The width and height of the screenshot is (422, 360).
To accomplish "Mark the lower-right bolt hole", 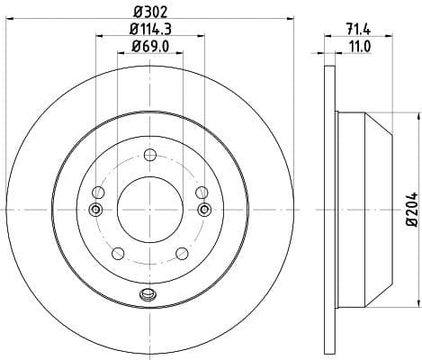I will coord(182,252).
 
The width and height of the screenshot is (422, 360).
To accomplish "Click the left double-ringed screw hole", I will coord(96,210).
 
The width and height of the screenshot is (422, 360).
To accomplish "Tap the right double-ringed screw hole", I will coord(203,210).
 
